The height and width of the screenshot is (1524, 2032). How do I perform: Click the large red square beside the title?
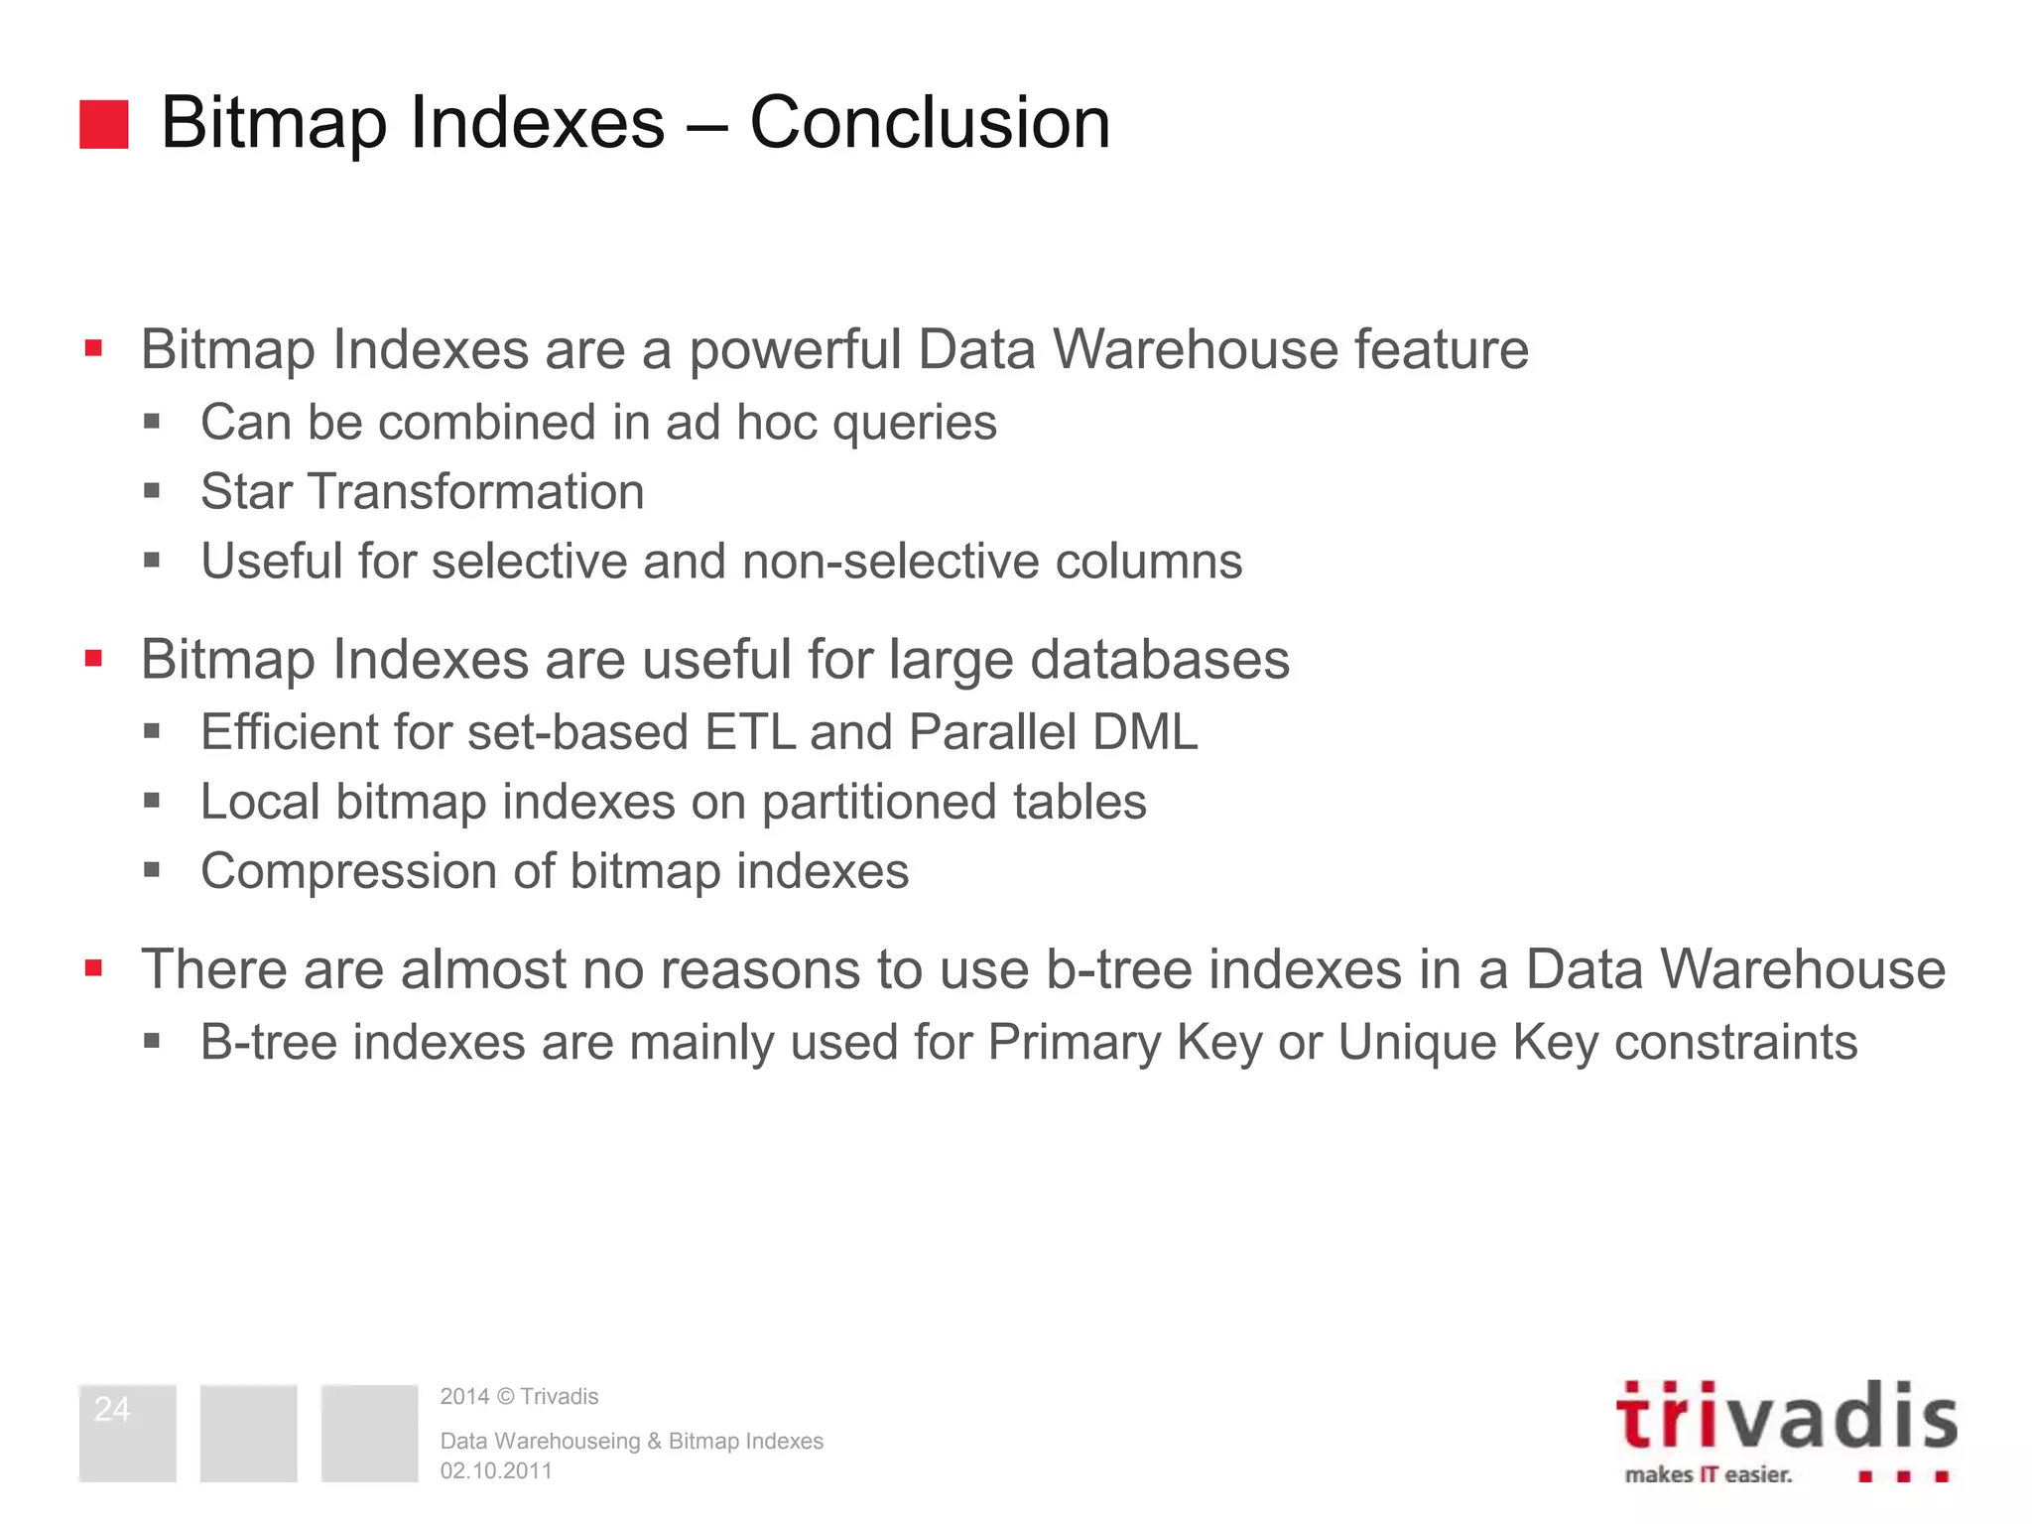(x=104, y=124)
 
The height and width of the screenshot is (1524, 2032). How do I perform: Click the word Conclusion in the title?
(x=930, y=122)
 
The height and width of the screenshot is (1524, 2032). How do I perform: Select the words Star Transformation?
(x=422, y=491)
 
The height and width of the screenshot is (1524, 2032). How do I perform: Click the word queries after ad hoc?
(x=914, y=423)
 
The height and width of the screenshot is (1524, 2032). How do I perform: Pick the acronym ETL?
(x=750, y=732)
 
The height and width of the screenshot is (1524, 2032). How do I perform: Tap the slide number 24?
(x=112, y=1409)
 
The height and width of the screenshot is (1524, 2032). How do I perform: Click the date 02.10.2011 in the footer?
(x=496, y=1470)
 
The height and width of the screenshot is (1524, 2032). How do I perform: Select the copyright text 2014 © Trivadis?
(x=519, y=1396)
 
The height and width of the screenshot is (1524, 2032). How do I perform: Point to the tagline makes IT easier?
(x=1708, y=1474)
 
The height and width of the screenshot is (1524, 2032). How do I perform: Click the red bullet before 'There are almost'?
(x=94, y=968)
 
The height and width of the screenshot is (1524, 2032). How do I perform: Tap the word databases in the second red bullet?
(x=1159, y=660)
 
